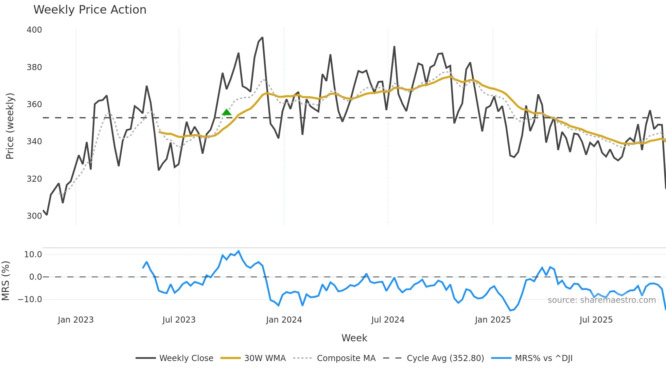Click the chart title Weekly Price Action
click(x=90, y=10)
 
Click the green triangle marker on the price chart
click(x=226, y=112)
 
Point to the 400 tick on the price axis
click(x=34, y=30)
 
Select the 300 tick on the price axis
click(x=34, y=216)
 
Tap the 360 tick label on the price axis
click(x=34, y=104)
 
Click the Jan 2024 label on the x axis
click(x=284, y=320)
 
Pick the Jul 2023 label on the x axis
click(x=179, y=320)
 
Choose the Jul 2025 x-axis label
click(x=596, y=320)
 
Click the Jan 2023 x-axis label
click(x=75, y=320)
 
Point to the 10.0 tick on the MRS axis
click(x=33, y=255)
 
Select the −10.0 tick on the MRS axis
click(x=30, y=299)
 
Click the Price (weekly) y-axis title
click(x=10, y=126)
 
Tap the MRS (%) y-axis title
click(x=5, y=281)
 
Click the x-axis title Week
click(x=354, y=338)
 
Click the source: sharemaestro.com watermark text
click(x=601, y=300)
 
